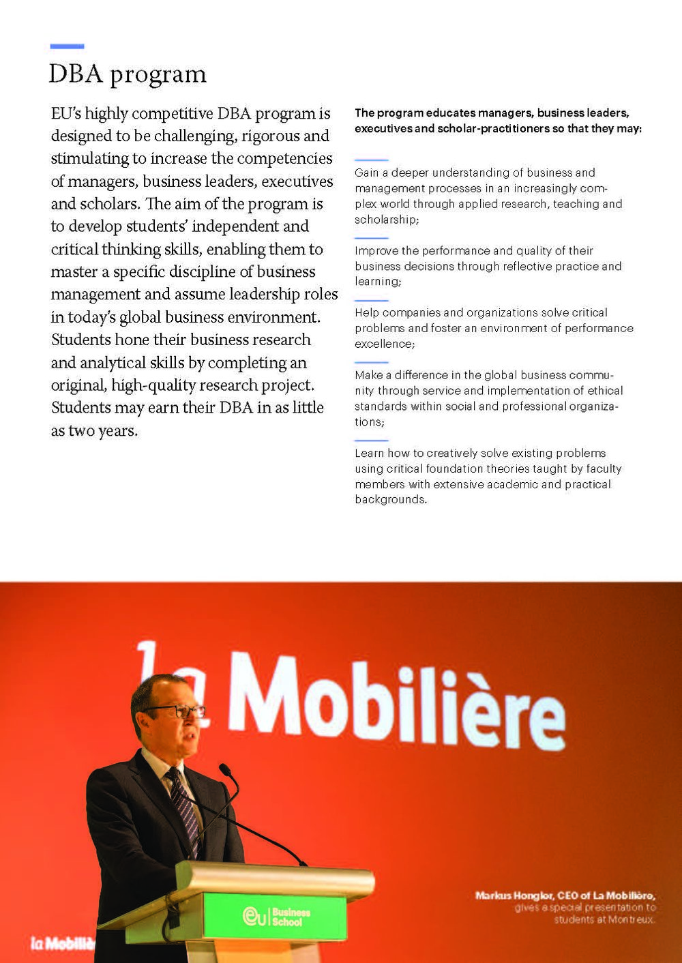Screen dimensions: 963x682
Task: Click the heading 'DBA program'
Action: [127, 74]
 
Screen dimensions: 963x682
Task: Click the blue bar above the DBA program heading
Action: [67, 46]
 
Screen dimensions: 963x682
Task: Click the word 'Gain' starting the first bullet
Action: [366, 173]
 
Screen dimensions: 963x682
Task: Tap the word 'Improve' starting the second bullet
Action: [376, 250]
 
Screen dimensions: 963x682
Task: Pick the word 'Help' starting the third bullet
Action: [367, 312]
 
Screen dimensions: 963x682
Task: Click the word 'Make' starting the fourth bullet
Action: [368, 374]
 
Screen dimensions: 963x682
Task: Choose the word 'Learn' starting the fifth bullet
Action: [370, 453]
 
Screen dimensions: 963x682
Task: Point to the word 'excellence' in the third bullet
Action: [383, 344]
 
